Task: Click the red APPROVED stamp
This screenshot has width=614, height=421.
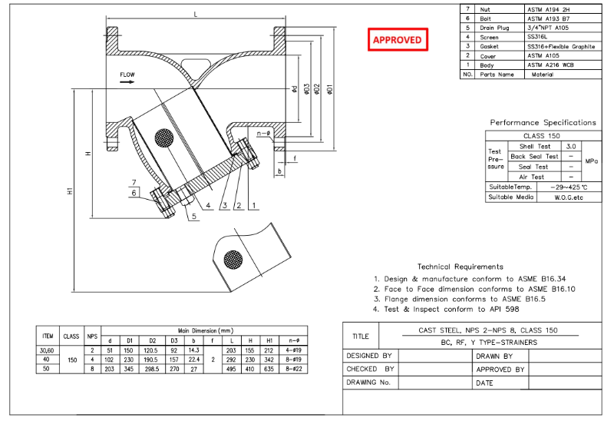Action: click(397, 39)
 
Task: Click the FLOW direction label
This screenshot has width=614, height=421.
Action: click(127, 75)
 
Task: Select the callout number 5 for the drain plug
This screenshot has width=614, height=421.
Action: click(195, 217)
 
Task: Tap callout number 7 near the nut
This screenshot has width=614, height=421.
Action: click(133, 182)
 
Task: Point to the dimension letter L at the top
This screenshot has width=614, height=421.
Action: click(196, 15)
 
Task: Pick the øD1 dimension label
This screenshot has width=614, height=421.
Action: click(329, 89)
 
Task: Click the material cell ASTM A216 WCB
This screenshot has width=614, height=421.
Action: click(550, 65)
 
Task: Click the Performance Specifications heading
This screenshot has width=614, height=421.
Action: click(543, 122)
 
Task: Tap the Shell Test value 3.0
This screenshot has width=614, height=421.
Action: click(570, 146)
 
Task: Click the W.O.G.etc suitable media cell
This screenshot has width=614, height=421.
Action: click(569, 197)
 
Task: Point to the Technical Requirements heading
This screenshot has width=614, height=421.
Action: click(460, 267)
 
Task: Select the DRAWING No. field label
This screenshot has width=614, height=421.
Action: click(369, 382)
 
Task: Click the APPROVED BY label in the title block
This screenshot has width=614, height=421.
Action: click(500, 369)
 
